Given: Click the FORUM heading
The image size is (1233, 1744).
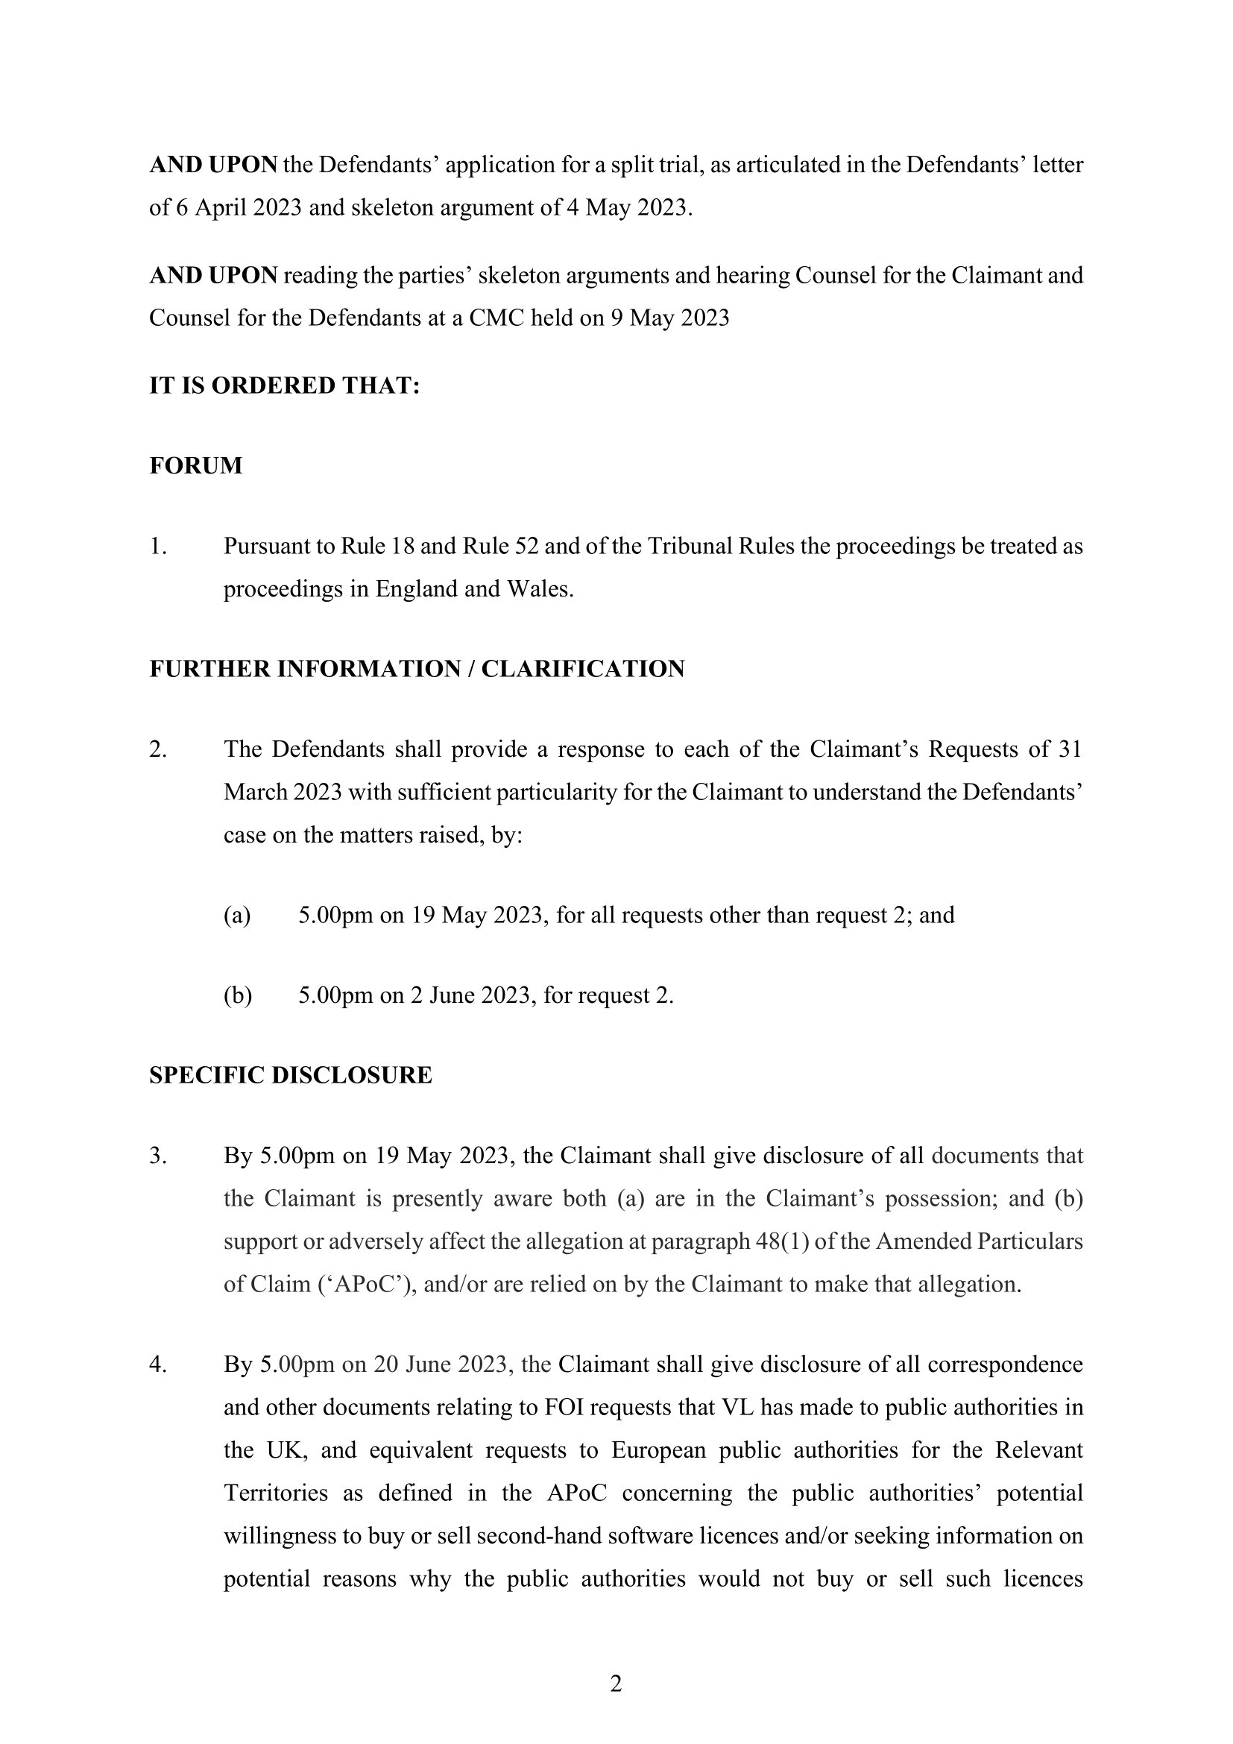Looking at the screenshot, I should [196, 465].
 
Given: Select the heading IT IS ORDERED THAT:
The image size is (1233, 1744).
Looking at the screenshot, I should [285, 386].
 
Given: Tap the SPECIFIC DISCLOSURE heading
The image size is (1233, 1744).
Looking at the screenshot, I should [291, 1076].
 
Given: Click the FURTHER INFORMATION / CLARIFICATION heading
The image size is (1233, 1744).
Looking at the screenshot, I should [417, 669].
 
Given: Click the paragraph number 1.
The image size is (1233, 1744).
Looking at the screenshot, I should [157, 546].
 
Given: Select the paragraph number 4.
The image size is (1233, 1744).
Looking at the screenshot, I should [157, 1365].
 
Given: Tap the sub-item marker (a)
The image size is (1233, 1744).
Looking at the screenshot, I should [236, 916].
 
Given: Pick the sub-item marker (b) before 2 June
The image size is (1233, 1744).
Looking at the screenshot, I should [237, 996].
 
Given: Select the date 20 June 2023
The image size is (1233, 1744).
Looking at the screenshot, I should [440, 1365].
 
